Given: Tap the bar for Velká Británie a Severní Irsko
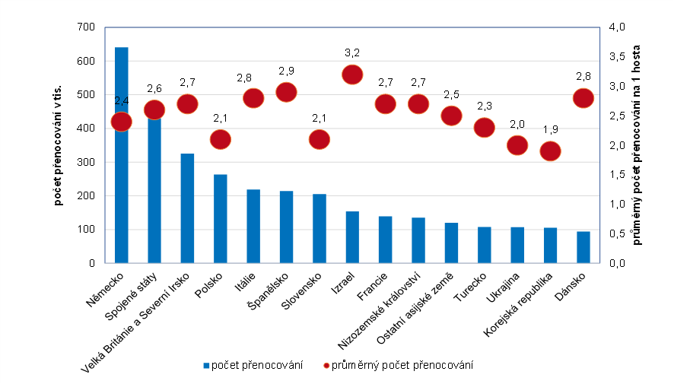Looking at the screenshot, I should [187, 208].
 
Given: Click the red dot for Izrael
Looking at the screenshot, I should [352, 75].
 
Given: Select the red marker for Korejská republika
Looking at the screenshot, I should [550, 151].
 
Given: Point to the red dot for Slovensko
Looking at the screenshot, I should [320, 139].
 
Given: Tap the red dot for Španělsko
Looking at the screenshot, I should [286, 92].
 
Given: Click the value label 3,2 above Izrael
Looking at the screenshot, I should [352, 52].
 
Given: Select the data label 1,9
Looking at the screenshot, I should [550, 129].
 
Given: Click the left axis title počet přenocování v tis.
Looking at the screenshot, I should [59, 144].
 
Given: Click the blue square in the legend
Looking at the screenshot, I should [207, 367].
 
